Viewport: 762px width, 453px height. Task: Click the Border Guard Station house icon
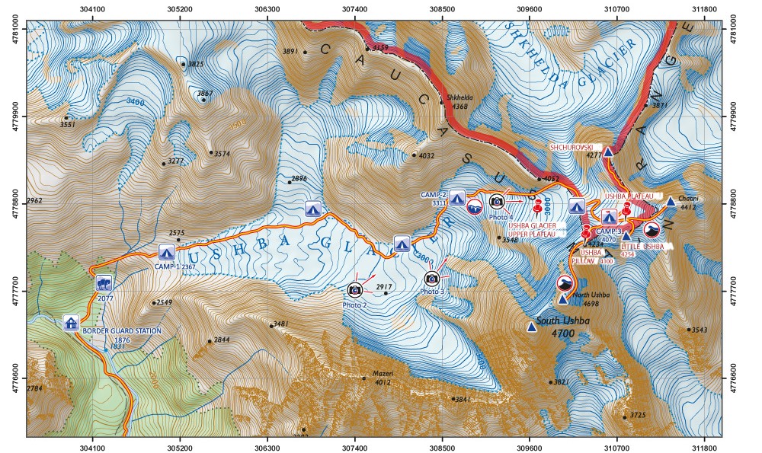click(x=71, y=323)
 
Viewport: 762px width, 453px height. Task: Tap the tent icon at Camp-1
click(x=167, y=253)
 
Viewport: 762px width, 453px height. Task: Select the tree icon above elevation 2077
click(x=104, y=283)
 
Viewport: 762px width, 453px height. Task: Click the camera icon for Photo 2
click(x=355, y=290)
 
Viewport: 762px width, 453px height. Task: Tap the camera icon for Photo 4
click(x=497, y=201)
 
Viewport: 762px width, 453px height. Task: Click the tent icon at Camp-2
click(x=457, y=197)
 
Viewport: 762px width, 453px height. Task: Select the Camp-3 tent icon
click(x=608, y=218)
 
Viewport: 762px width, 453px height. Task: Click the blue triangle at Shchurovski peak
click(x=609, y=152)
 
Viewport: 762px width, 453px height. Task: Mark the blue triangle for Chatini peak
click(x=671, y=202)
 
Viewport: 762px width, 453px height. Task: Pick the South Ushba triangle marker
click(x=531, y=327)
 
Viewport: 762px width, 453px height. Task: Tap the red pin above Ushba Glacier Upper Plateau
click(x=538, y=206)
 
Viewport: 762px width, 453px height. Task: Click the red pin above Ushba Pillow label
click(x=586, y=231)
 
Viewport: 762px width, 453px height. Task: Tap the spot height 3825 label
click(x=195, y=65)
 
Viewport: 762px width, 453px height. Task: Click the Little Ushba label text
click(x=642, y=247)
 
